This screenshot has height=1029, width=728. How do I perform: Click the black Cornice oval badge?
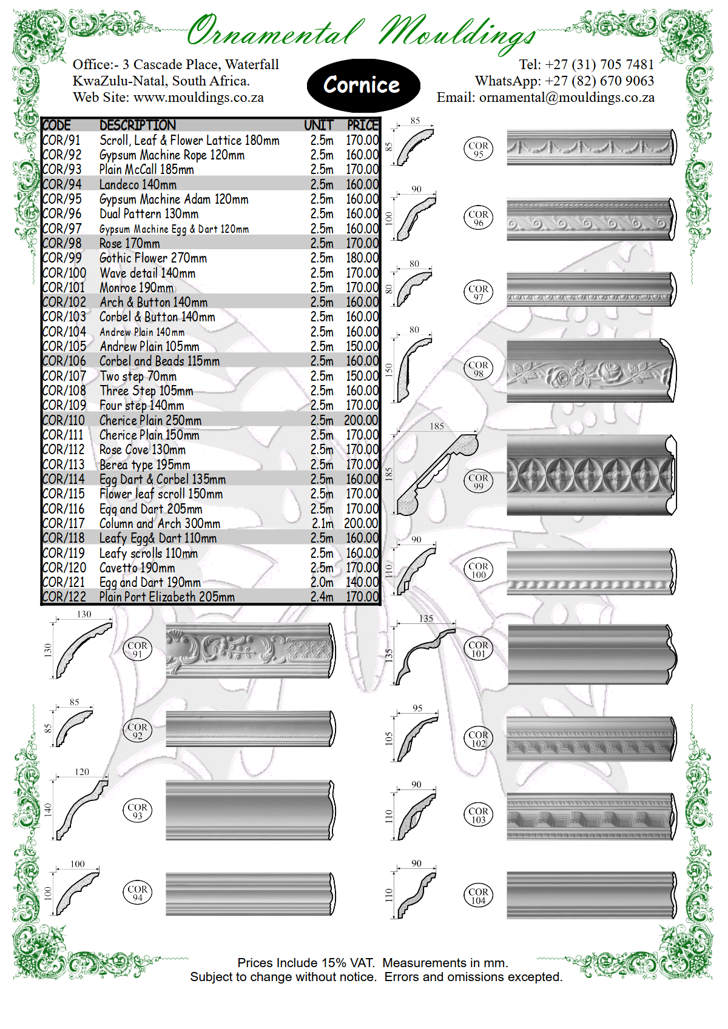363,85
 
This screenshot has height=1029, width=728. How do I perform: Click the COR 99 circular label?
478,481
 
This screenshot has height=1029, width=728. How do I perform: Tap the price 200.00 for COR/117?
362,523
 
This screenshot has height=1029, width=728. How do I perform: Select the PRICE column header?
362,125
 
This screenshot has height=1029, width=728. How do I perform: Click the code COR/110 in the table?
63,420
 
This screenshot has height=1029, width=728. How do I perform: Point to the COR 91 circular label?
137,649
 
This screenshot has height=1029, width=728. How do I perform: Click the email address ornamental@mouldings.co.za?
567,97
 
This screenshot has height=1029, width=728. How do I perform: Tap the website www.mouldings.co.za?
198,97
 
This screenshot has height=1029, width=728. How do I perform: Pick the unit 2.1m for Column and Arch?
322,523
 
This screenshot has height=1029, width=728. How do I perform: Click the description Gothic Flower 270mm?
153,258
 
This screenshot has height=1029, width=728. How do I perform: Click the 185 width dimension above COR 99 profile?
437,426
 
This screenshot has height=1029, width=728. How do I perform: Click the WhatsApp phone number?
599,81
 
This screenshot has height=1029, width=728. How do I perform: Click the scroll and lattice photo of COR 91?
250,651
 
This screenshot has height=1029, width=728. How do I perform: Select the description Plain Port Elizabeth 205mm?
167,597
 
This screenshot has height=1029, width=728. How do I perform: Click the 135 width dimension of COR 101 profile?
426,618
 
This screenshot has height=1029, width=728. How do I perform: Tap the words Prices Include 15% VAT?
306,962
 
